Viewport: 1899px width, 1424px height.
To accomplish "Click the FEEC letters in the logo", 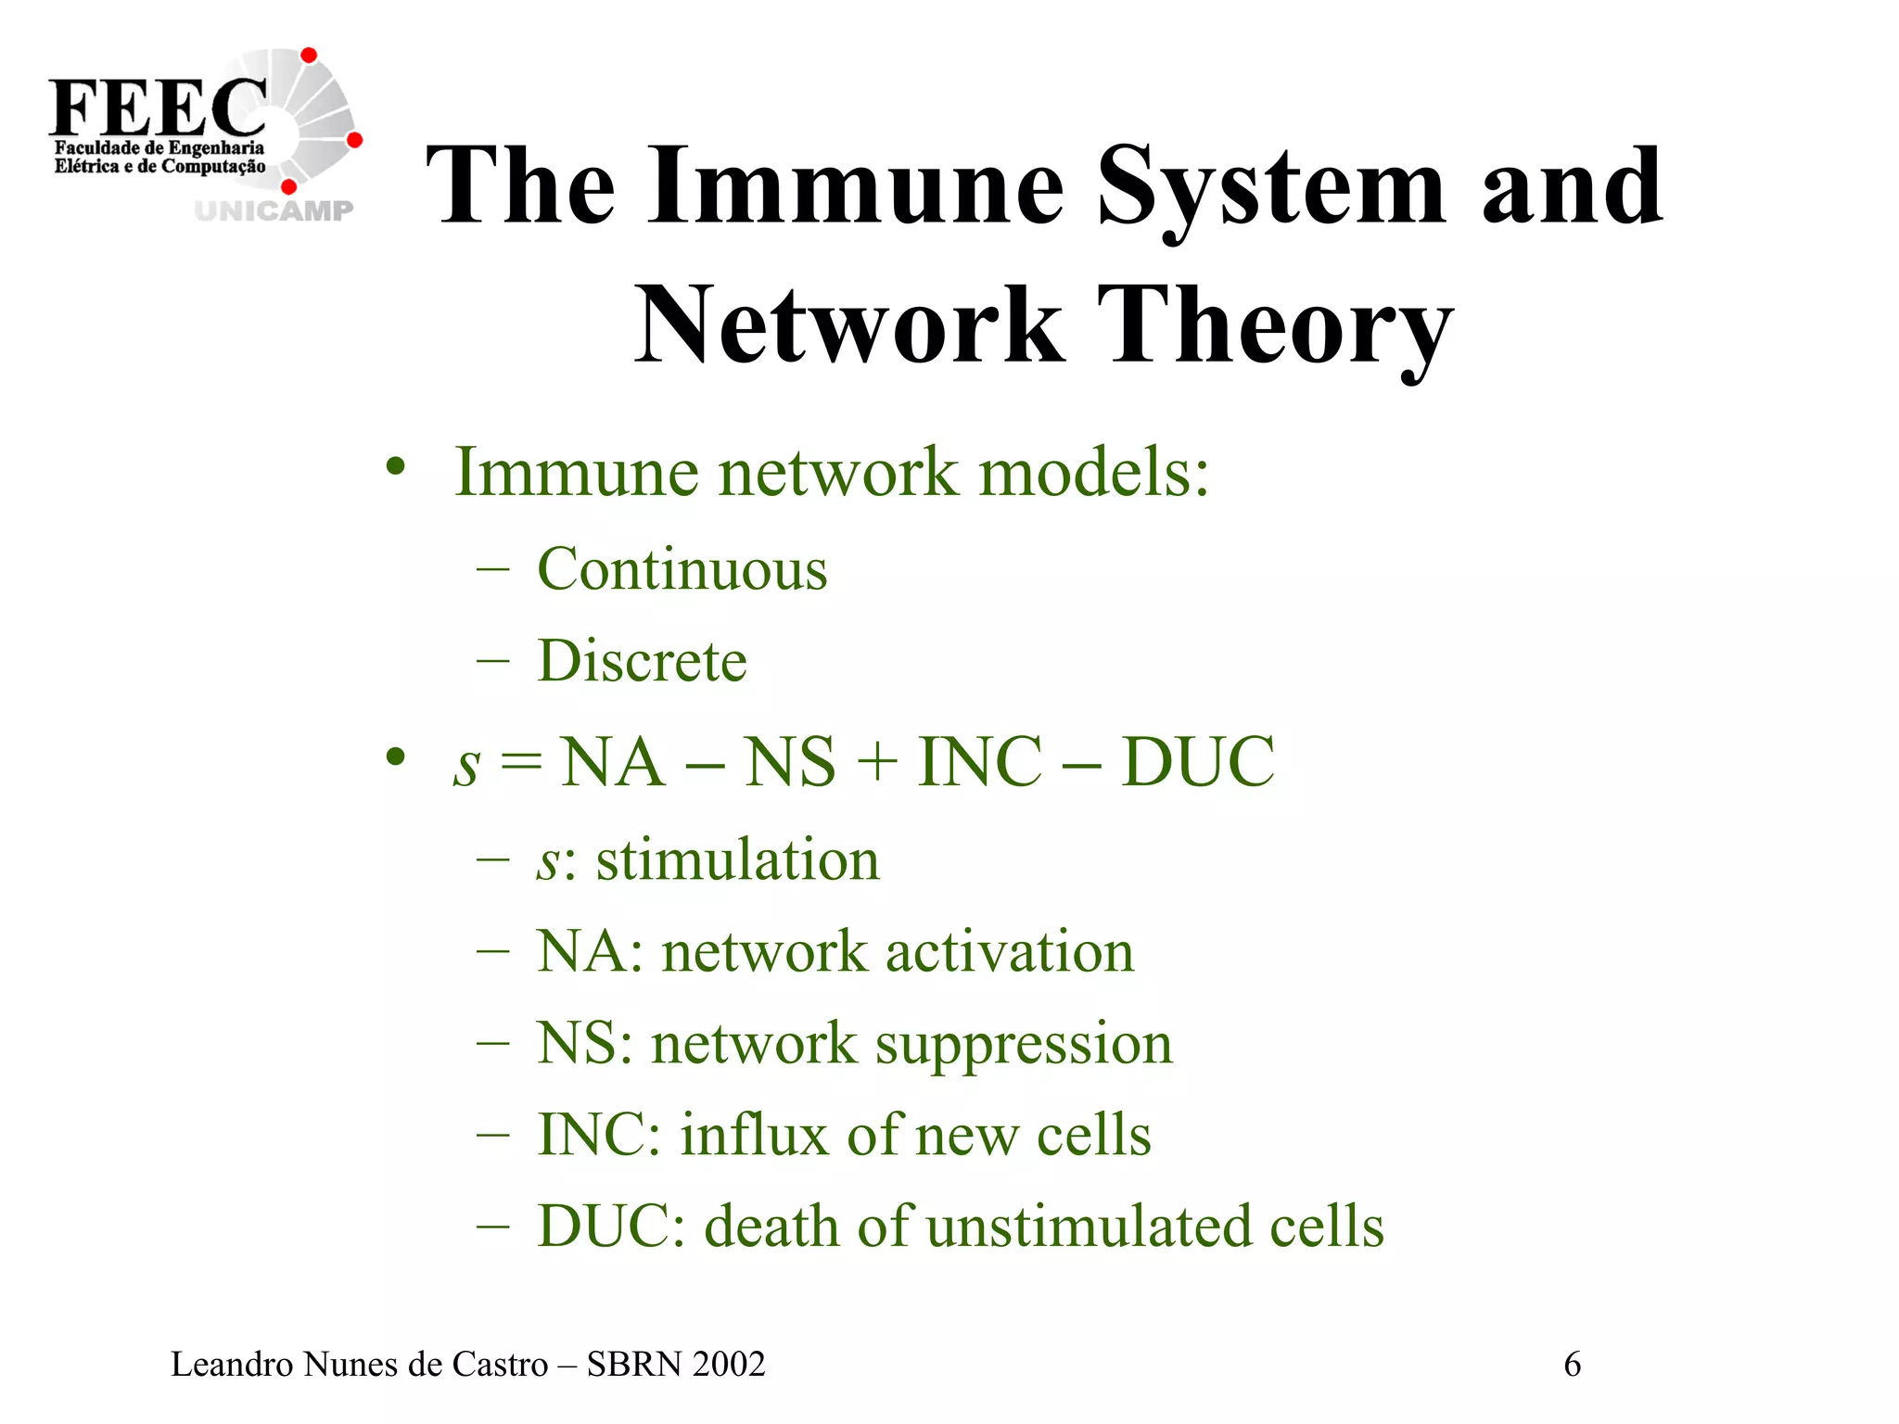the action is click(x=158, y=107).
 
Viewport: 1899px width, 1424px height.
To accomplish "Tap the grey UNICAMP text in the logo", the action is click(x=274, y=210).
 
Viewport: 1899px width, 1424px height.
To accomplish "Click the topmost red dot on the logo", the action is click(x=310, y=56).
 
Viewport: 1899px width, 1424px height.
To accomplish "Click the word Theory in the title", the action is click(x=1274, y=326).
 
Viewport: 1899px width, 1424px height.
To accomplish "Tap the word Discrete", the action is click(x=642, y=661).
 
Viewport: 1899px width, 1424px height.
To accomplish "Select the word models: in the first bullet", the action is click(x=1094, y=473).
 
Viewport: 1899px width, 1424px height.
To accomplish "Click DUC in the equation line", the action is click(x=1198, y=762).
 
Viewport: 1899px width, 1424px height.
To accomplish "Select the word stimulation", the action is click(x=737, y=859).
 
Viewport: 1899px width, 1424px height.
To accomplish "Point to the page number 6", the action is click(x=1572, y=1365).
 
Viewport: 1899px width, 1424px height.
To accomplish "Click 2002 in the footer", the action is click(x=728, y=1365).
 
